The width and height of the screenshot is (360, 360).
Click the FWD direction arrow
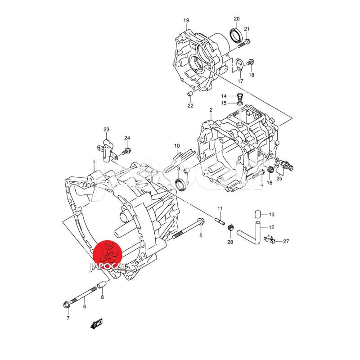pyautogui.click(x=97, y=324)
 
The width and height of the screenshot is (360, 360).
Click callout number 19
pyautogui.click(x=186, y=20)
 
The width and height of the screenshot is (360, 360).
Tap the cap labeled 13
pyautogui.click(x=257, y=214)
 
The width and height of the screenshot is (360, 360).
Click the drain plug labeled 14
pyautogui.click(x=240, y=96)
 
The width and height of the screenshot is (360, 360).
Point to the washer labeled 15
pyautogui.click(x=240, y=103)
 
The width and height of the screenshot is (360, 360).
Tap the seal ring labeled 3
pyautogui.click(x=180, y=184)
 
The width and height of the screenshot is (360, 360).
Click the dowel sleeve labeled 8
pyautogui.click(x=102, y=285)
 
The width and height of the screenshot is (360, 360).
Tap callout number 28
pyautogui.click(x=230, y=243)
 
